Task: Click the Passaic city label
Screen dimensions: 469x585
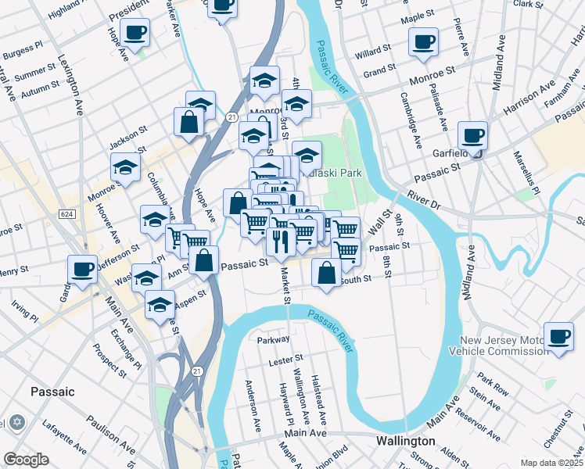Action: tap(52, 391)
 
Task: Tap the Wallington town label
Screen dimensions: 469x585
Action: tap(404, 440)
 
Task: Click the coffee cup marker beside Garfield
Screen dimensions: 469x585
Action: tap(473, 135)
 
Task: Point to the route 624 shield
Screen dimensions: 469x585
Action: tap(66, 213)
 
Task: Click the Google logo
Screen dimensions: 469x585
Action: tap(26, 460)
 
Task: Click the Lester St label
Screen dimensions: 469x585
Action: tap(285, 362)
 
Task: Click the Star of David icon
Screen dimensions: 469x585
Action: tap(18, 422)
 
